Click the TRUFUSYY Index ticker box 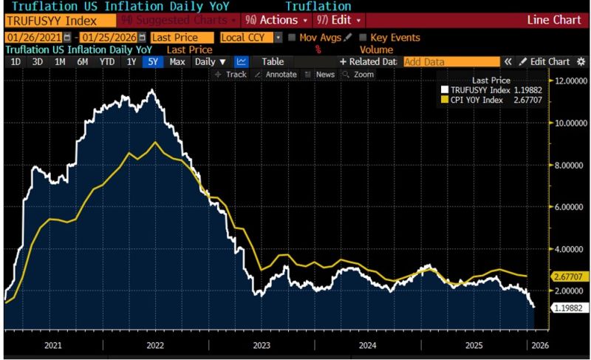tap(48, 21)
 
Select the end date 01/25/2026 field tap(111, 37)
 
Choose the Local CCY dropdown tap(249, 37)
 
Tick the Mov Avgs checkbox tap(293, 37)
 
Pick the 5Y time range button tap(154, 62)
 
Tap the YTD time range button tap(107, 62)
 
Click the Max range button tap(177, 62)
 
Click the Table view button tap(273, 62)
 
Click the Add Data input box tap(451, 62)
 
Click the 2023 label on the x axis tap(262, 344)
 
